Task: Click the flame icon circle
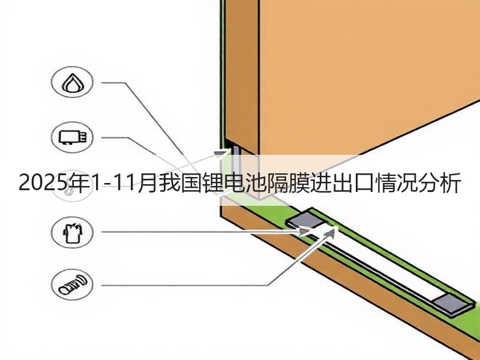pyautogui.click(x=72, y=82)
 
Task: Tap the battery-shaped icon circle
pyautogui.click(x=72, y=137)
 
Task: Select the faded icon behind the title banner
pyautogui.click(x=71, y=187)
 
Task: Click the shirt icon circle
pyautogui.click(x=72, y=232)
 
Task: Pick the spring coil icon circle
pyautogui.click(x=72, y=284)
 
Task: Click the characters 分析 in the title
pyautogui.click(x=440, y=183)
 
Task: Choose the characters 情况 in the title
pyautogui.click(x=396, y=183)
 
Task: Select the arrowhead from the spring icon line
pyautogui.click(x=329, y=233)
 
